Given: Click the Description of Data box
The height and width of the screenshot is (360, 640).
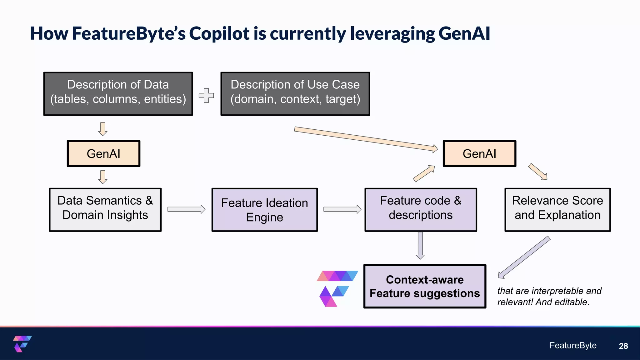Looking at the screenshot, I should pos(118,94).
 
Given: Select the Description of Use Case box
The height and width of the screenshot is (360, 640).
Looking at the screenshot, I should pos(295,94).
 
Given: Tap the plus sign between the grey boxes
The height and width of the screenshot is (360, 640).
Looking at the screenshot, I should pos(206,95).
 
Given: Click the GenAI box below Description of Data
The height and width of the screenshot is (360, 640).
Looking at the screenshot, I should pos(103,153).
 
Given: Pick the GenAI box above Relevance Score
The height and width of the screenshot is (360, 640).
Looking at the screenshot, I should pos(479,153).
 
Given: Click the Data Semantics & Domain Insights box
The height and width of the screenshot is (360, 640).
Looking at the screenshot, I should pos(105,209).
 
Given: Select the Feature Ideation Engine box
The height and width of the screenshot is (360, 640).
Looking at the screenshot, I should pos(264,210).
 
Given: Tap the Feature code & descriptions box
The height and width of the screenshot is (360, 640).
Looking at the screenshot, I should pos(421,209).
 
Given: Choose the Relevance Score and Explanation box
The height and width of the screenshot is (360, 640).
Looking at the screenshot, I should pos(557,209).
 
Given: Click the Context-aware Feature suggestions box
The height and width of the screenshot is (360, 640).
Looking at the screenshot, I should pos(425,286).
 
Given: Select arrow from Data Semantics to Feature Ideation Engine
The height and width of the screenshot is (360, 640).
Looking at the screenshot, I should pos(186,209).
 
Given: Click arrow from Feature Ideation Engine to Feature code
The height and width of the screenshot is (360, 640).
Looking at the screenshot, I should pos(342,209).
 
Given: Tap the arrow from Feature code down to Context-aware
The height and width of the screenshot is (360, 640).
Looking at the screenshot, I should pos(420,245).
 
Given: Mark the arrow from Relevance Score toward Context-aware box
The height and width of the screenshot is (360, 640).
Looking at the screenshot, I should pos(524,257).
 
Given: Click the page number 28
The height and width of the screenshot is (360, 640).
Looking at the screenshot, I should pos(623,346).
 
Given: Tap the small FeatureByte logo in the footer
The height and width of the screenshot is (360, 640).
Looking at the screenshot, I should pos(22,344).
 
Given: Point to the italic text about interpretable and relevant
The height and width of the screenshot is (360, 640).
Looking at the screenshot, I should pos(549,296).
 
